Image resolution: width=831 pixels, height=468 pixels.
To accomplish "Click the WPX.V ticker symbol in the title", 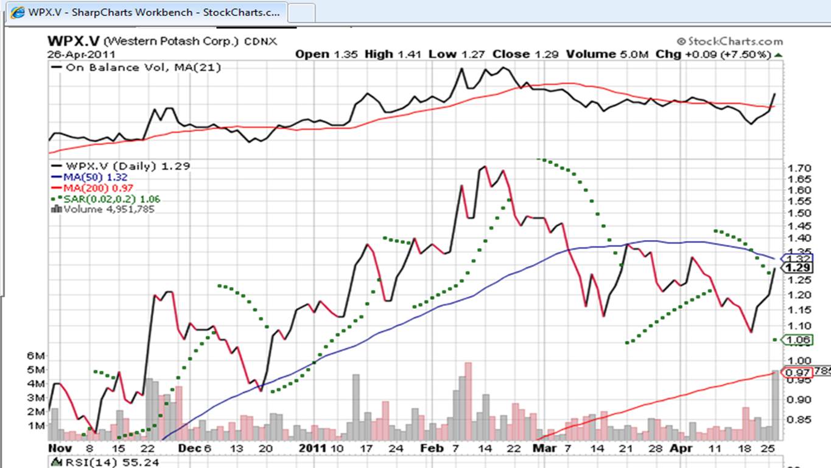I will (x=73, y=41).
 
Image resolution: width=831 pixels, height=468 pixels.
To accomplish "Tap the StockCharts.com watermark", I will (x=729, y=41).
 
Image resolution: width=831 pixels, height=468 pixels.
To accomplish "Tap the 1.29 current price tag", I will (x=797, y=268).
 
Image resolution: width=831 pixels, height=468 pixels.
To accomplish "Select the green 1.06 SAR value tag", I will (x=797, y=340).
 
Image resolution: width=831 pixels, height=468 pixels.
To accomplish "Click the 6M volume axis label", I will (x=37, y=356).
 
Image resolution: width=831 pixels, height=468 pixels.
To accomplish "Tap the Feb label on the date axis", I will (x=430, y=448).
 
